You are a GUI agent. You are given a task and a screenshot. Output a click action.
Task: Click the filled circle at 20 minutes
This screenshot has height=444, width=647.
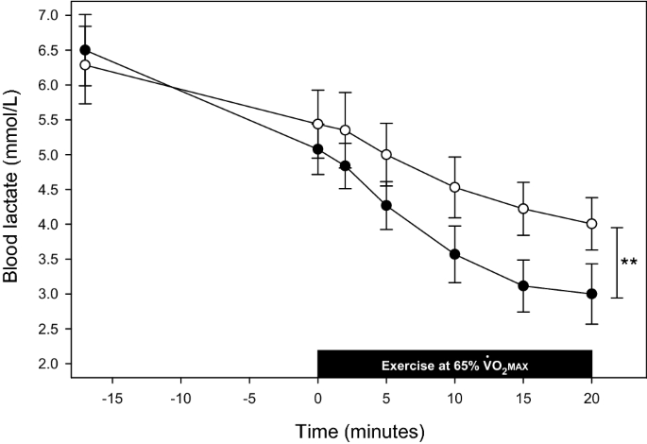coord(591,294)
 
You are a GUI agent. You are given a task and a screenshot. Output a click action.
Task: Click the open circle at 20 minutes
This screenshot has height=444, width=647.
coord(591,224)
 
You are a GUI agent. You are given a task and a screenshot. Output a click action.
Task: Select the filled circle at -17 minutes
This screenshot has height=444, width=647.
coord(85,50)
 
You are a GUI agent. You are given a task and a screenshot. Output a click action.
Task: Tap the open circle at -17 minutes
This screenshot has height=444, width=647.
coord(85,65)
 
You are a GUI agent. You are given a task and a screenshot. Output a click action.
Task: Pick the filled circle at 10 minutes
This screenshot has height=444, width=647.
coord(454,254)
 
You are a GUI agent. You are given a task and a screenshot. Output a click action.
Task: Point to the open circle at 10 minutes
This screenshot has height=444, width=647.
coord(454,187)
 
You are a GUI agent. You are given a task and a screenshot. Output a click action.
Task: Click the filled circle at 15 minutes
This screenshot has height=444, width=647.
coord(523,285)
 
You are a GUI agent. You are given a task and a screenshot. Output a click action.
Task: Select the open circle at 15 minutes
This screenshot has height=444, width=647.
coord(523,209)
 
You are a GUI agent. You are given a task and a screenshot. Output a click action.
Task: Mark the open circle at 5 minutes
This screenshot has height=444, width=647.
coord(386,154)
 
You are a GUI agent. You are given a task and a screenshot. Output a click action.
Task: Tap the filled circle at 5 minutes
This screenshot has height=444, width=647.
coord(386,205)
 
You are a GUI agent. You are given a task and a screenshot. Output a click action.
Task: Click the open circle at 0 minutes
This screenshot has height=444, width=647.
coord(318,124)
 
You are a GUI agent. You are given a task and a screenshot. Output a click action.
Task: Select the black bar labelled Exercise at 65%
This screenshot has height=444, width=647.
coord(454,364)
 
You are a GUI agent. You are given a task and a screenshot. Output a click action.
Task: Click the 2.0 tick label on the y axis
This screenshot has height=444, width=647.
coord(47,364)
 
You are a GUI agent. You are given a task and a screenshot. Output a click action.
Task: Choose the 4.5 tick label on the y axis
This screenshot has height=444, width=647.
coord(47,190)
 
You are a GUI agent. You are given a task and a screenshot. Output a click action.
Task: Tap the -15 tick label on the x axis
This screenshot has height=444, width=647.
coord(111,398)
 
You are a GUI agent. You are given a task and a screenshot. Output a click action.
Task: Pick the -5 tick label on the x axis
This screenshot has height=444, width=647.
coord(248,398)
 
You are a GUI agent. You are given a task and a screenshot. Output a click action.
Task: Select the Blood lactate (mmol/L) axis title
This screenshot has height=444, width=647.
coord(13,189)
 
